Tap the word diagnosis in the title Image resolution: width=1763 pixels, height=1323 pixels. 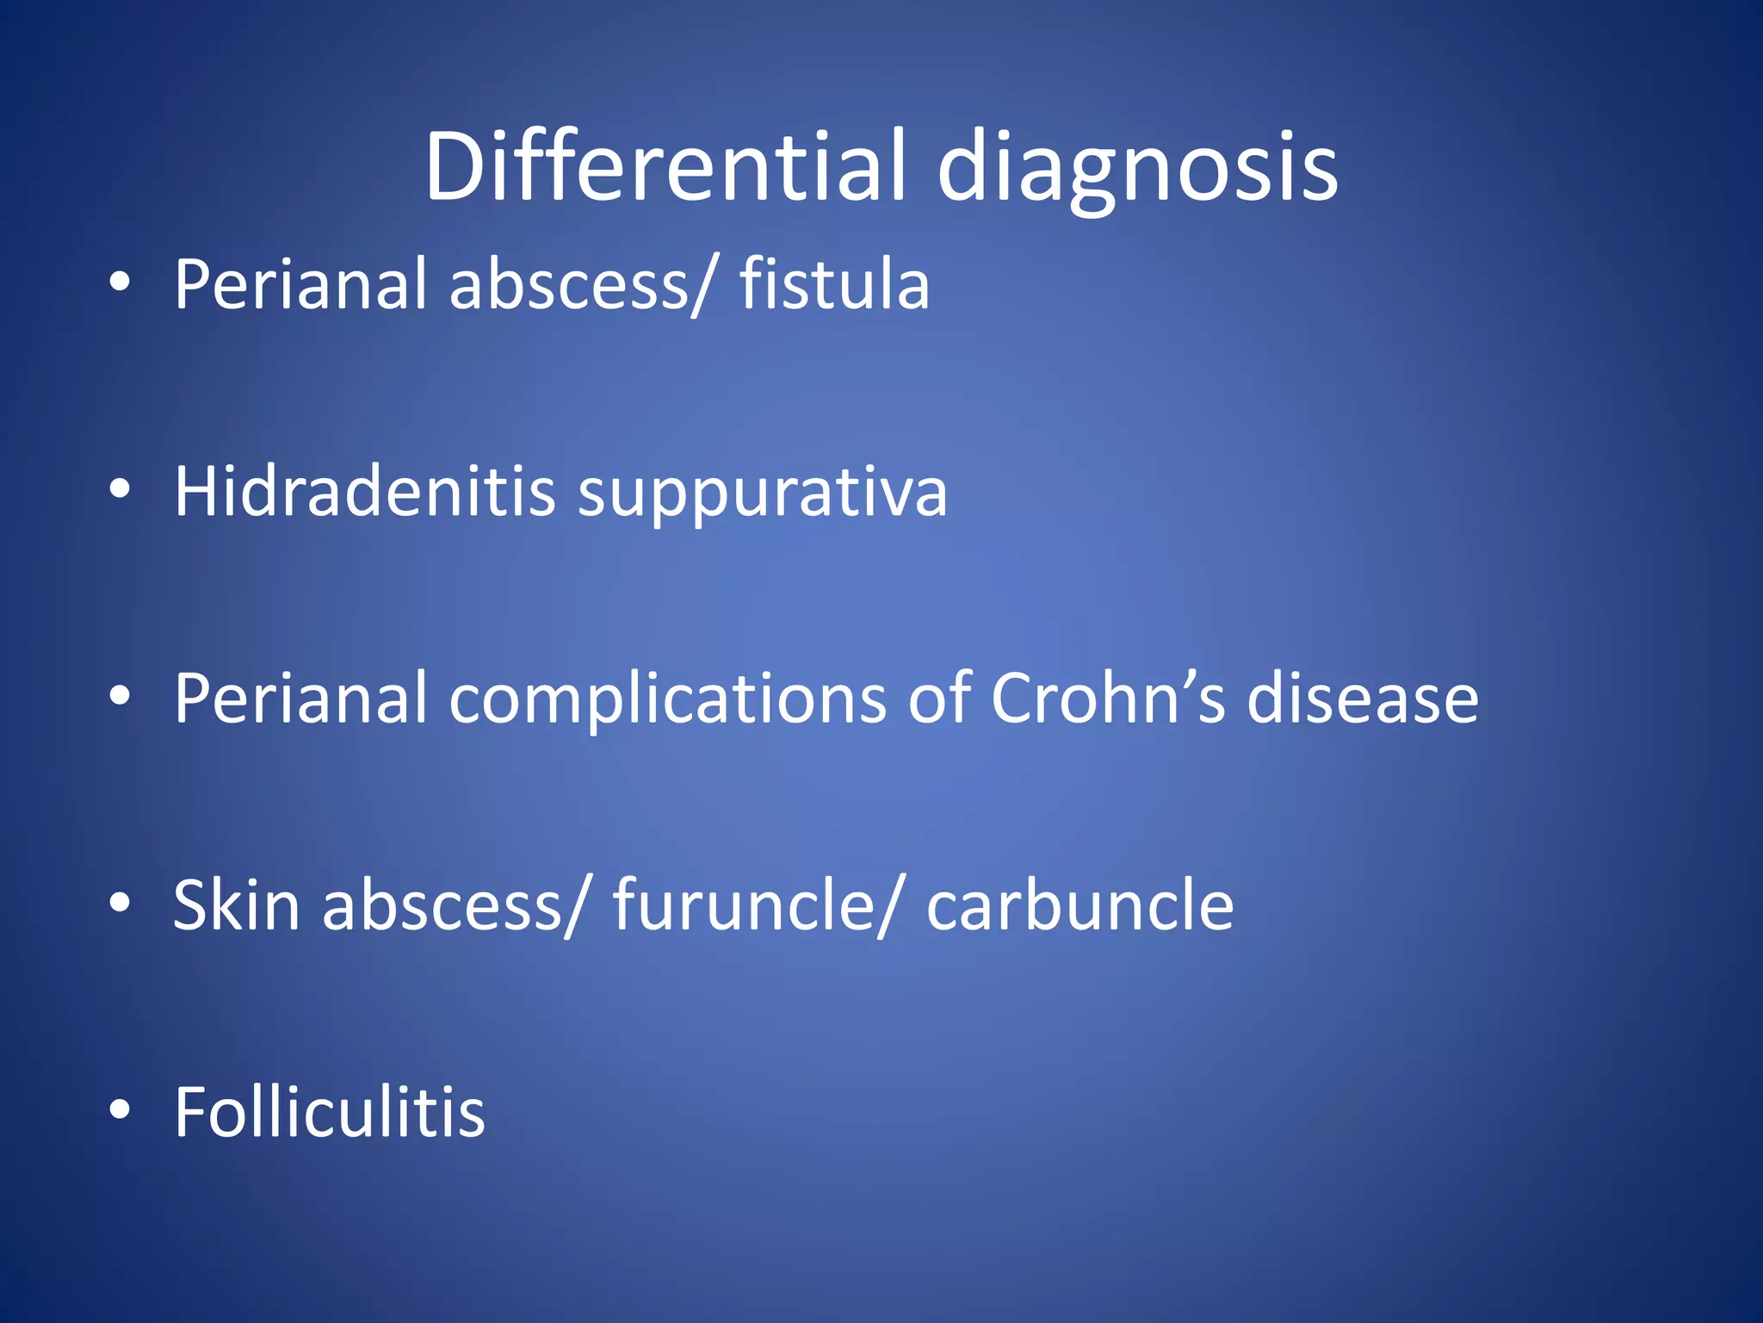tap(1137, 169)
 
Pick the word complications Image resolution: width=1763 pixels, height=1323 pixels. tap(667, 699)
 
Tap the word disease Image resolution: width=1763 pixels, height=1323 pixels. tap(1362, 698)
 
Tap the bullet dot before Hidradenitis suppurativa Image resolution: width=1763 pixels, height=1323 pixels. tap(120, 489)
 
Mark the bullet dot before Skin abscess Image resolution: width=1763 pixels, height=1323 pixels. tap(120, 903)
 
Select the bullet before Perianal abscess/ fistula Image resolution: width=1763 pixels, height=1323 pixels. tap(120, 282)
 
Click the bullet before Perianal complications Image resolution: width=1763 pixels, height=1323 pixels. tap(120, 695)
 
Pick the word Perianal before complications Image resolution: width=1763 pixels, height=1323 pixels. tap(300, 698)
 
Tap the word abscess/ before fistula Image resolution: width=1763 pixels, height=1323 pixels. tap(581, 286)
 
